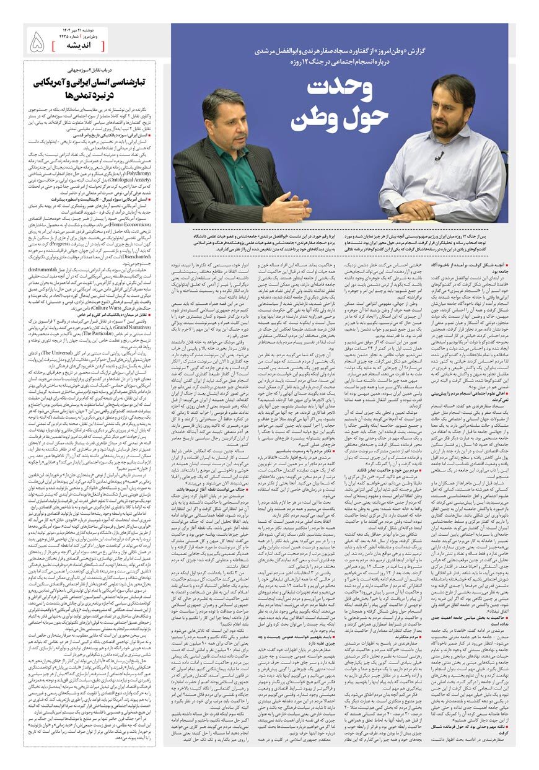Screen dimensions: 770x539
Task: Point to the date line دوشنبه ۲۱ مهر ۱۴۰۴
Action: click(x=84, y=30)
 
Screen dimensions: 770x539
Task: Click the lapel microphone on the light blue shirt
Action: click(x=438, y=155)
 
